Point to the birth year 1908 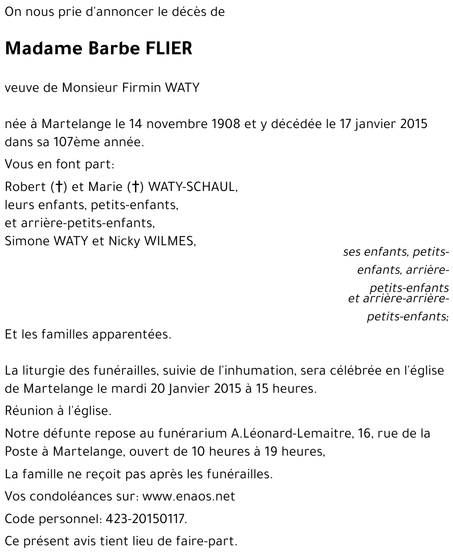pyautogui.click(x=225, y=124)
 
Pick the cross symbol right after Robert pyautogui.click(x=59, y=186)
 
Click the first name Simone pyautogui.click(x=27, y=241)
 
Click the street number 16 pyautogui.click(x=364, y=433)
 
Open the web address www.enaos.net pyautogui.click(x=189, y=496)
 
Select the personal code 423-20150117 pyautogui.click(x=145, y=519)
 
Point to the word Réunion pyautogui.click(x=26, y=411)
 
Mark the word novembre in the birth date pyautogui.click(x=176, y=124)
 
